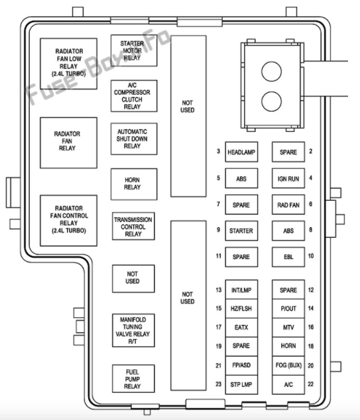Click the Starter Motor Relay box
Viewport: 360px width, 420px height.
click(x=133, y=50)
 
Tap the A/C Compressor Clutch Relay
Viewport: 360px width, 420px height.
click(x=133, y=95)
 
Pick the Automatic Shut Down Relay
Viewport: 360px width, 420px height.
click(x=133, y=138)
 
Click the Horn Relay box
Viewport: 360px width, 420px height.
click(x=133, y=183)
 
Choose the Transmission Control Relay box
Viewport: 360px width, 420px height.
click(x=133, y=225)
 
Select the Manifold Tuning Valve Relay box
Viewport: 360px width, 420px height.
click(x=133, y=329)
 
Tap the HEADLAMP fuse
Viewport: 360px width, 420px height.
click(x=241, y=152)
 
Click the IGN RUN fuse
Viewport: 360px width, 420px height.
click(x=288, y=178)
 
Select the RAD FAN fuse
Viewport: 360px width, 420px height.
click(x=288, y=205)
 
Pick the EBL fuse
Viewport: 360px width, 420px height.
click(x=288, y=256)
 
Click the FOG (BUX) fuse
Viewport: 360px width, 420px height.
click(x=288, y=366)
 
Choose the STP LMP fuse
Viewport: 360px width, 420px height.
click(x=241, y=384)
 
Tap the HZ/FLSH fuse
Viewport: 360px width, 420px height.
click(x=241, y=308)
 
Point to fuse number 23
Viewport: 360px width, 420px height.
click(x=217, y=384)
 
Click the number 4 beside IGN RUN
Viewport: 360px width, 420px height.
click(x=311, y=178)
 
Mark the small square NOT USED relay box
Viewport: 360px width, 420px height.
click(x=133, y=278)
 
